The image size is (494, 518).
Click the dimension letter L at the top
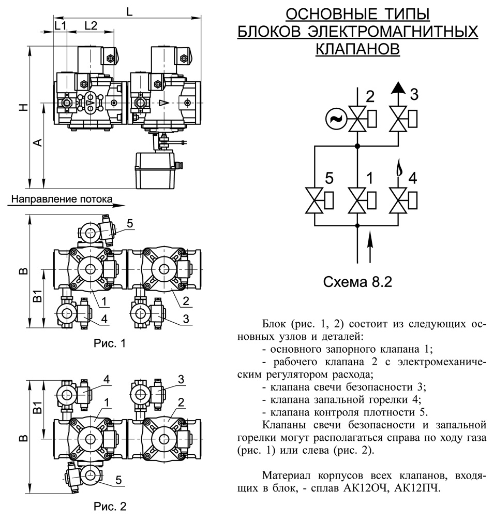click(129, 11)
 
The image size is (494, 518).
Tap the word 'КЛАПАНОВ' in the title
click(357, 49)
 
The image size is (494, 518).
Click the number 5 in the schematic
click(328, 179)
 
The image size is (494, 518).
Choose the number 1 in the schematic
click(369, 179)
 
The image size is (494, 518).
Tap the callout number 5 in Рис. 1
click(129, 224)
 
